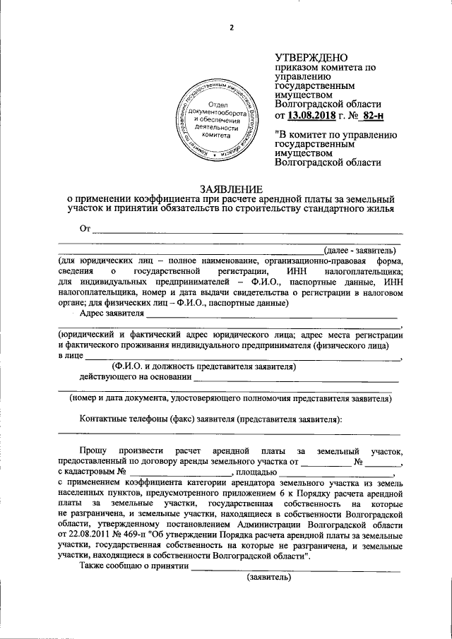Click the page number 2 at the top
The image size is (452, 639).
pyautogui.click(x=231, y=28)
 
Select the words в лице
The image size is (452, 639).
pyautogui.click(x=71, y=356)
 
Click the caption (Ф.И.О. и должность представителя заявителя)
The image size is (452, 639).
pyautogui.click(x=204, y=366)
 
